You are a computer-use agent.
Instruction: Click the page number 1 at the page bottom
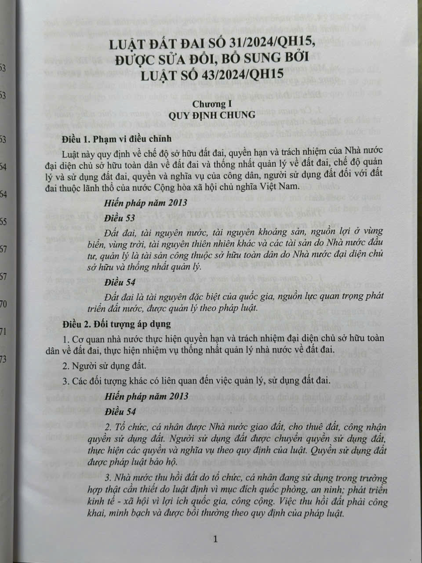click(215, 539)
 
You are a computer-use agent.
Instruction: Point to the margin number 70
click(4, 304)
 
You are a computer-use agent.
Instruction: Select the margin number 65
click(4, 221)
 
